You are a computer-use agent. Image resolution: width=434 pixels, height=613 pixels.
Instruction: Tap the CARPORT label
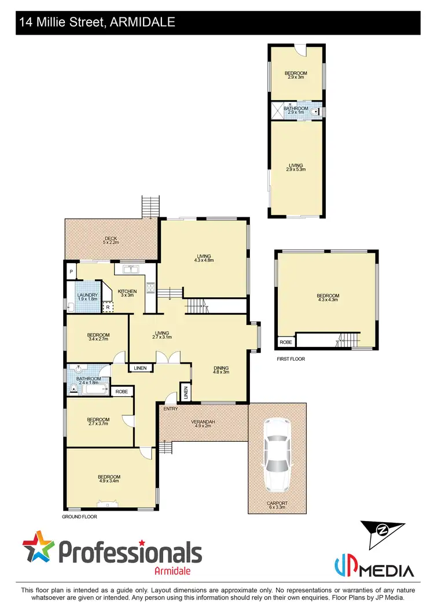point(277,503)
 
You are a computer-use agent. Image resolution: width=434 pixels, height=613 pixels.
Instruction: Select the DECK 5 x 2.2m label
point(111,241)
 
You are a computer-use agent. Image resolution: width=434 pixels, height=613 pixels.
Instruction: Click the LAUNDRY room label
point(87,297)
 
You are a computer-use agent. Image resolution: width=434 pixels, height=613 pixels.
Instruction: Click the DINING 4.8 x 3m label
point(220,370)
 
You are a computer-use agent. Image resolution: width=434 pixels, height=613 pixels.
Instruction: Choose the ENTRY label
point(171,409)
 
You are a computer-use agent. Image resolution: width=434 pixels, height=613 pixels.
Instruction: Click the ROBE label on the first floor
point(286,342)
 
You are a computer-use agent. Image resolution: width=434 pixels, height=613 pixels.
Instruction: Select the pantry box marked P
point(71,271)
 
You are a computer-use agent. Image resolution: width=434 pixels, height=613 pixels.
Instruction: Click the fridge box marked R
point(107,307)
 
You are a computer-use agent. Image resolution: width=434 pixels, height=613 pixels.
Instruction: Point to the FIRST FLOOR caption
point(290,359)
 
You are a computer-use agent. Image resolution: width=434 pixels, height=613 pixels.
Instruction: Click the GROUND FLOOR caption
point(79,516)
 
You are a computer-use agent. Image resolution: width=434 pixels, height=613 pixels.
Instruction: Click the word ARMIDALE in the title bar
point(146,23)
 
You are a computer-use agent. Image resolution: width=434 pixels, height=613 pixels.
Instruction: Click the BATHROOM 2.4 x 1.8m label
point(90,381)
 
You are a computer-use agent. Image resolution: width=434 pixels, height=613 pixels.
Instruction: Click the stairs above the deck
point(150,206)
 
